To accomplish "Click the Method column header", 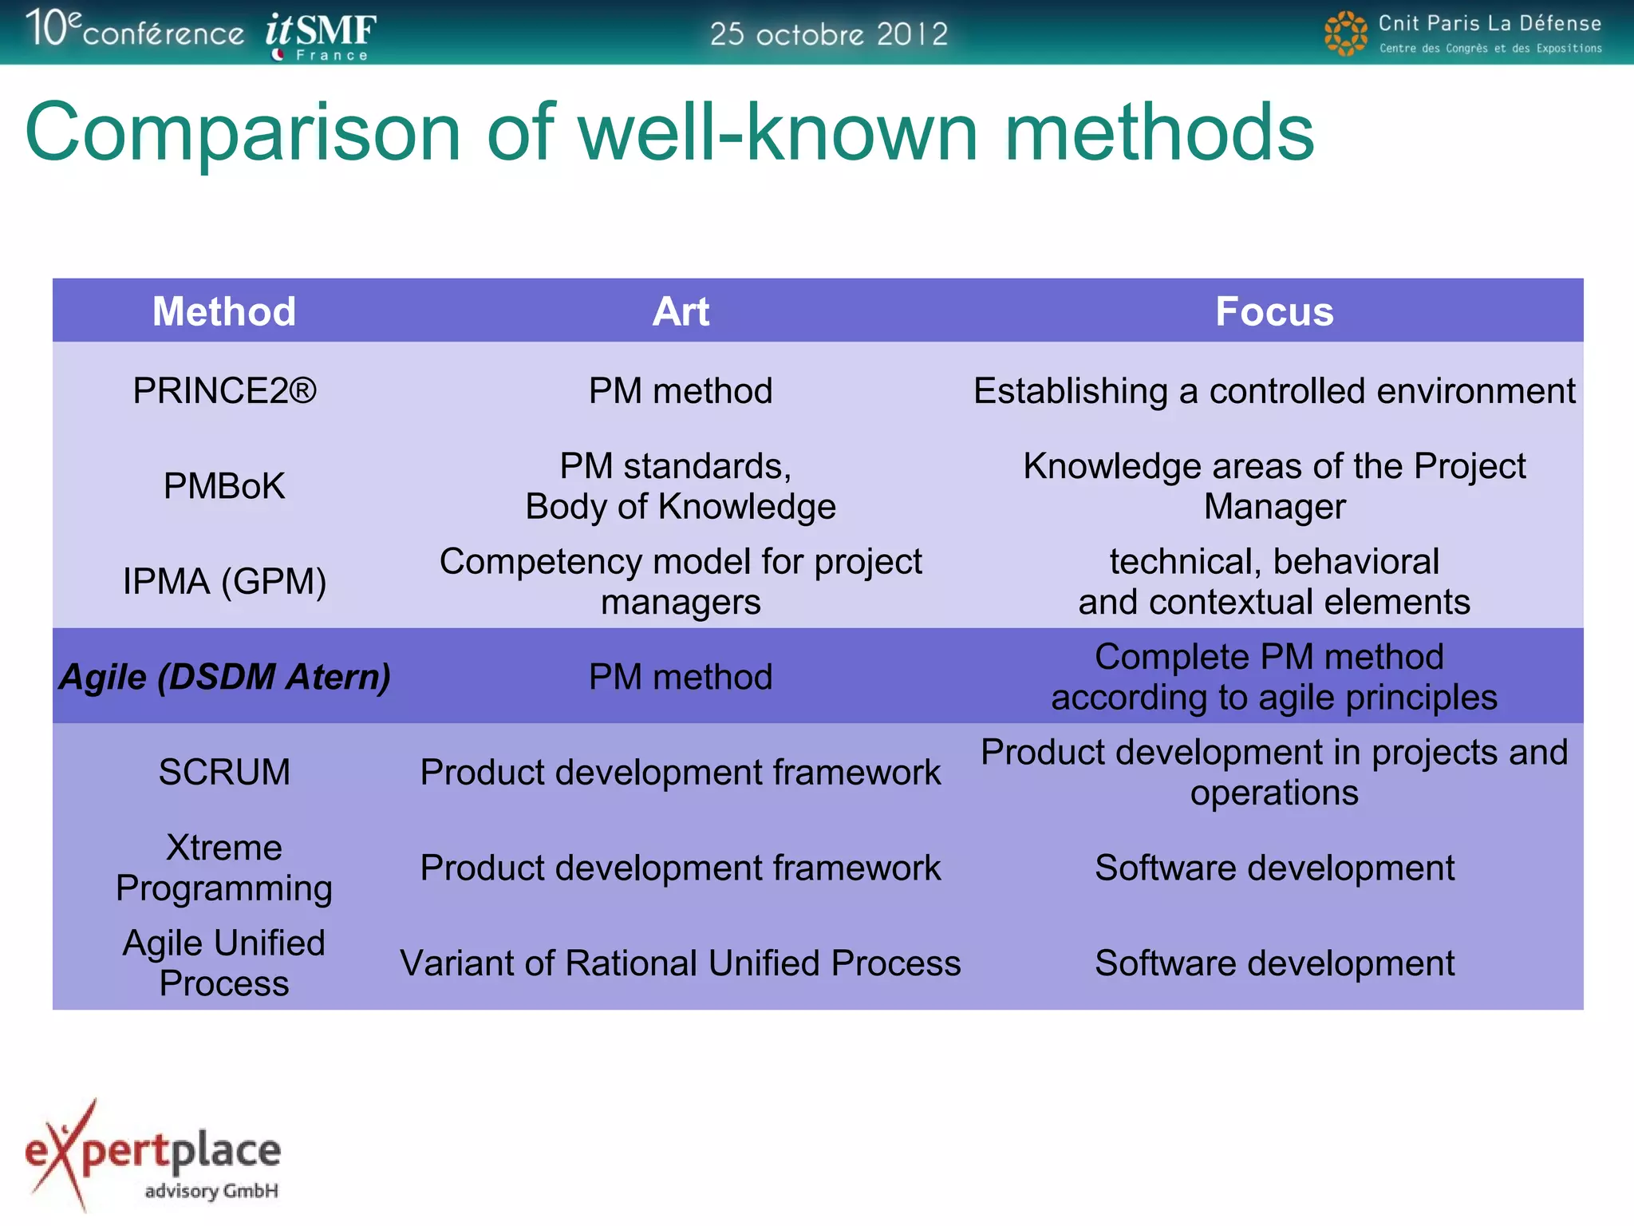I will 224,311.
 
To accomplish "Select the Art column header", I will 681,311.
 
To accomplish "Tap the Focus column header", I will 1274,311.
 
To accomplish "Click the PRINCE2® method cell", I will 224,391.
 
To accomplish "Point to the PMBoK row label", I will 224,486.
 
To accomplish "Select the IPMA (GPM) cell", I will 224,581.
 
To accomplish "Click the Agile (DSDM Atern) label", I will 224,677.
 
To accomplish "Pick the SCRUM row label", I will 224,772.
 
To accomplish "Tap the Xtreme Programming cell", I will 224,868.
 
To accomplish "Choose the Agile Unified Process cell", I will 224,963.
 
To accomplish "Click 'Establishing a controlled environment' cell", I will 1274,391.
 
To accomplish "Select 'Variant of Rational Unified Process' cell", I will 681,963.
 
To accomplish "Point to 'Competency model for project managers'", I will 681,581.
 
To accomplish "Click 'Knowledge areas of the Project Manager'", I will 1274,486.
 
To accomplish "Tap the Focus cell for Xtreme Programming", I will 1274,868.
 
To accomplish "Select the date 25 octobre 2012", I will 828,34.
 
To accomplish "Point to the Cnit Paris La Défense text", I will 1489,23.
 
